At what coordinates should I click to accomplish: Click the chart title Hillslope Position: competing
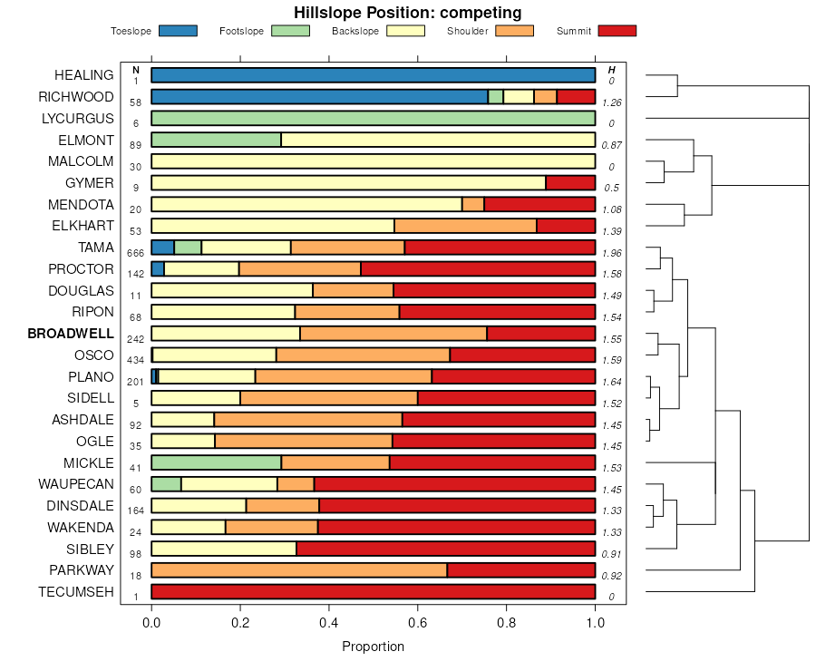point(407,13)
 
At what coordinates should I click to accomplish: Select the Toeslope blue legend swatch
point(178,31)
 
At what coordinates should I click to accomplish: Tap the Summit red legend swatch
point(617,31)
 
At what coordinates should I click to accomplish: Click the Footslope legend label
point(242,32)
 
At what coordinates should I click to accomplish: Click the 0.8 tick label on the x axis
point(506,624)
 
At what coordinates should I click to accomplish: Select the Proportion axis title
point(373,647)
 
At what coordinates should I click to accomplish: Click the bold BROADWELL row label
point(71,334)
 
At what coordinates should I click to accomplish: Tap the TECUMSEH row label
point(76,592)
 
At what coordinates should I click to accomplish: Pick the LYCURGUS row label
point(78,119)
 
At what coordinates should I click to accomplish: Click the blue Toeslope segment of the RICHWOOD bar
point(319,97)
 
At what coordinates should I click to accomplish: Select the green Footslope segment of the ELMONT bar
point(216,140)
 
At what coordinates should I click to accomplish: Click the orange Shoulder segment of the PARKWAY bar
point(299,570)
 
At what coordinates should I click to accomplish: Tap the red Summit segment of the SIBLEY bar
point(445,549)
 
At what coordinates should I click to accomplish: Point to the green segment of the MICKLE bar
point(216,462)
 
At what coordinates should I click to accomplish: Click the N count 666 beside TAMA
point(136,252)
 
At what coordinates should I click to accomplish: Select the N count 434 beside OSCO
point(136,360)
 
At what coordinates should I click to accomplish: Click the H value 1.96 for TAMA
point(611,252)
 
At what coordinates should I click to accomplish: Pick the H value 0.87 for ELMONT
point(611,145)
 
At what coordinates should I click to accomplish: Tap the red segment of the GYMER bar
point(570,183)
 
